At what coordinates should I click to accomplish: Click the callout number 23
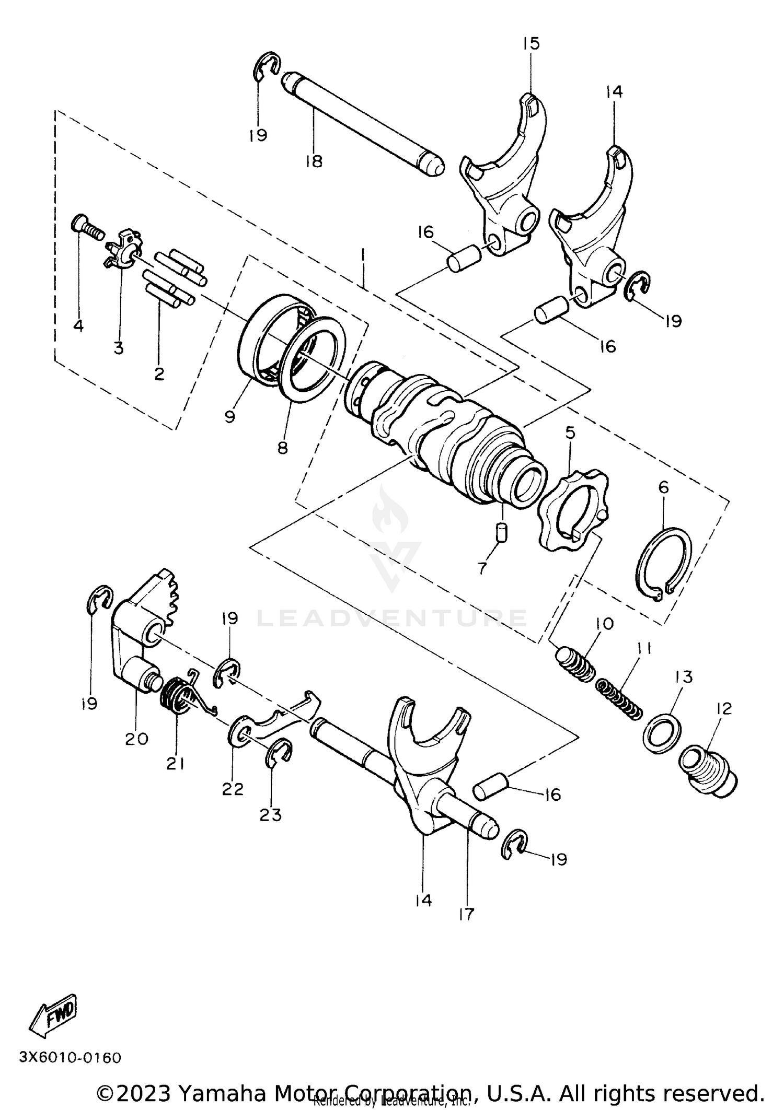coord(271,814)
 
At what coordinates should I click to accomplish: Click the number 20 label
coord(136,739)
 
